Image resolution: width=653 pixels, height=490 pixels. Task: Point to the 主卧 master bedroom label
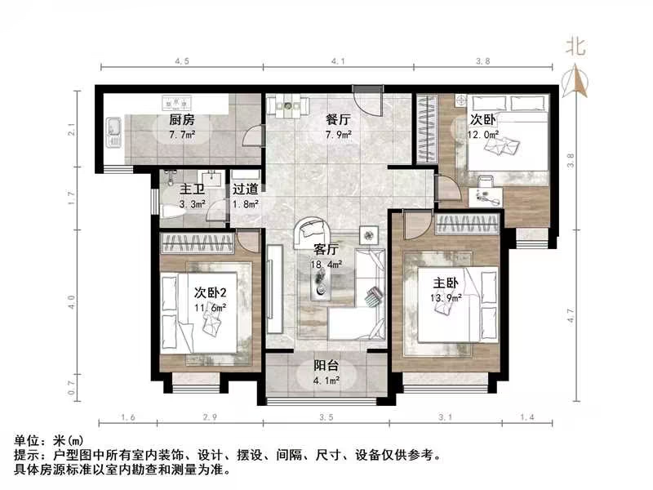pyautogui.click(x=446, y=283)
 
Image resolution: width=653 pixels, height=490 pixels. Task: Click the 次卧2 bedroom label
pyautogui.click(x=210, y=292)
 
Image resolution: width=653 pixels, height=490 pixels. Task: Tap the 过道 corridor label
pyautogui.click(x=245, y=189)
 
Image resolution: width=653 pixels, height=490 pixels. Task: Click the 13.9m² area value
pyautogui.click(x=446, y=297)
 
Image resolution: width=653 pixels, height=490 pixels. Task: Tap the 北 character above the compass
pyautogui.click(x=576, y=47)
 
